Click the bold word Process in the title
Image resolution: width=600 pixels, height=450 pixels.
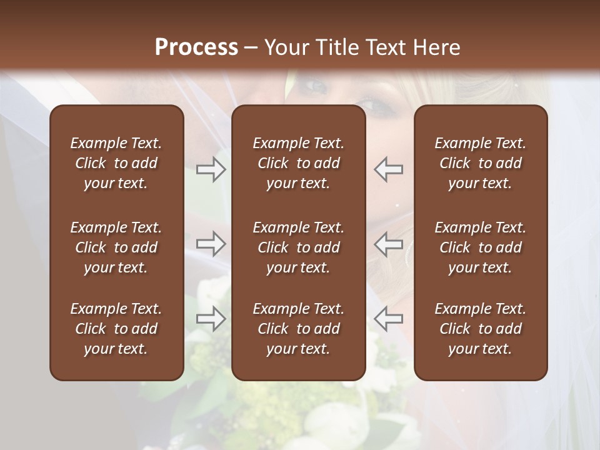(196, 47)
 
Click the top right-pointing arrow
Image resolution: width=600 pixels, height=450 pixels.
(211, 169)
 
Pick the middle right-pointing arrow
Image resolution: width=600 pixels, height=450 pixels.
(211, 244)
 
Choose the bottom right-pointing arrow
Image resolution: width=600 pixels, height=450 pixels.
(211, 319)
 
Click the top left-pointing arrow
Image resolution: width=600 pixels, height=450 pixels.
(388, 169)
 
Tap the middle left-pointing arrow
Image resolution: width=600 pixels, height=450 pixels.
(388, 244)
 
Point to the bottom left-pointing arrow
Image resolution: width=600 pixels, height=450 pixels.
(388, 319)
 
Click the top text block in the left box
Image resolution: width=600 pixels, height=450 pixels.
(116, 163)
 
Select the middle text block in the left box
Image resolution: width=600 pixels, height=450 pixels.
(116, 247)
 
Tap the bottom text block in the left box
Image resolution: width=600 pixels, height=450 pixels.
(116, 329)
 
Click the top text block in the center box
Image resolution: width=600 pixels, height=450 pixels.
(298, 163)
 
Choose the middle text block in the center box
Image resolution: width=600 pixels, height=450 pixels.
(298, 247)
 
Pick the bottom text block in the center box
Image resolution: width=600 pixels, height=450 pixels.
(298, 329)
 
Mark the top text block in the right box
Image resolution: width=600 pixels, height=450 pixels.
(480, 163)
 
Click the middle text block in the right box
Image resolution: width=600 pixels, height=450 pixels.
(480, 247)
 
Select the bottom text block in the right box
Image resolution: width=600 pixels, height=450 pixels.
(480, 329)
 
